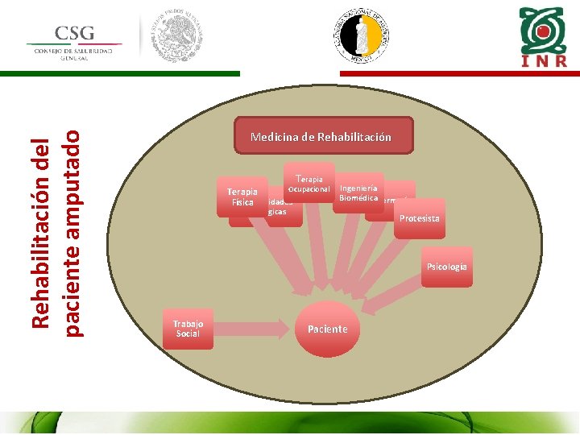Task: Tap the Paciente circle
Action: (x=327, y=329)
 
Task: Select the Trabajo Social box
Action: (x=188, y=328)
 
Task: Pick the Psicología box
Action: (x=445, y=267)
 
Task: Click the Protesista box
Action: (x=419, y=219)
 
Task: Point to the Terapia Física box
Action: (x=242, y=197)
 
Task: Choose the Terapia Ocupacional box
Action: (x=309, y=184)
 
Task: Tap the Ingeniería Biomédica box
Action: (x=358, y=193)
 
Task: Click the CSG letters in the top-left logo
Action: (x=75, y=33)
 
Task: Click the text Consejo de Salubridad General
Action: (x=73, y=54)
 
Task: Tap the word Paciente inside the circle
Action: (x=327, y=329)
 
